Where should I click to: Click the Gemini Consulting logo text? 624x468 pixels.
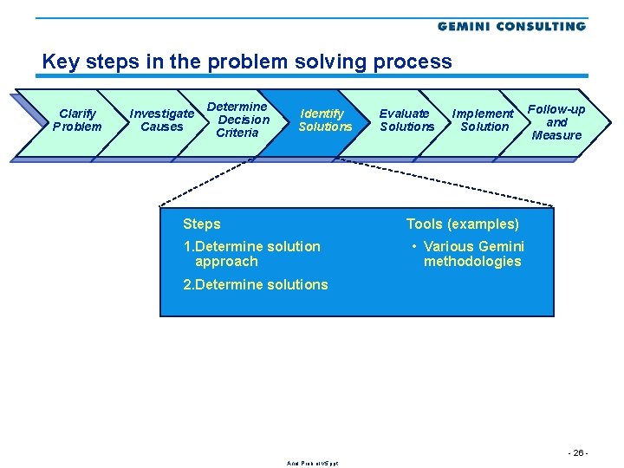[x=511, y=26]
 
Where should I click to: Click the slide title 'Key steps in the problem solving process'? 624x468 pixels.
[x=247, y=62]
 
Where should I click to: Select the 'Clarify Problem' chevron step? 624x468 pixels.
[x=77, y=120]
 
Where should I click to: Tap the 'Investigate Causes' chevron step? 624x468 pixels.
[x=162, y=120]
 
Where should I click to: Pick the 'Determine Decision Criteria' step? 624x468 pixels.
[x=237, y=120]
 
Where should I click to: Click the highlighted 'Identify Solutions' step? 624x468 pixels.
[x=325, y=120]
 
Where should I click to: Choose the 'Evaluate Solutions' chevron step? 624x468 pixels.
[x=406, y=120]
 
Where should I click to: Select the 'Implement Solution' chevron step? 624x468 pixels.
[x=484, y=120]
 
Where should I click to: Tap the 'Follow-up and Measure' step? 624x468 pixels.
[x=556, y=122]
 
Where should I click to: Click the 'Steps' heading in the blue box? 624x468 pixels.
[x=202, y=224]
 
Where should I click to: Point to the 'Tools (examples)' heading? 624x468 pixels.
[x=463, y=224]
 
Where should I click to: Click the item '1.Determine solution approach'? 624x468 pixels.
[x=251, y=254]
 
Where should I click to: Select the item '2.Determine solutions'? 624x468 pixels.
[x=256, y=284]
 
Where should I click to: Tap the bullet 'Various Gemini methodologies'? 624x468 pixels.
[x=472, y=254]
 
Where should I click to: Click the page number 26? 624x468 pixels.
[x=577, y=453]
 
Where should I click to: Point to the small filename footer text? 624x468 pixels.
[x=312, y=463]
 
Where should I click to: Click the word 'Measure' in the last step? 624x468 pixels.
[x=556, y=135]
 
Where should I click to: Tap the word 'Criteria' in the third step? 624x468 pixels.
[x=237, y=133]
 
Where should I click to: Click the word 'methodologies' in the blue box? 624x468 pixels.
[x=472, y=262]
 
